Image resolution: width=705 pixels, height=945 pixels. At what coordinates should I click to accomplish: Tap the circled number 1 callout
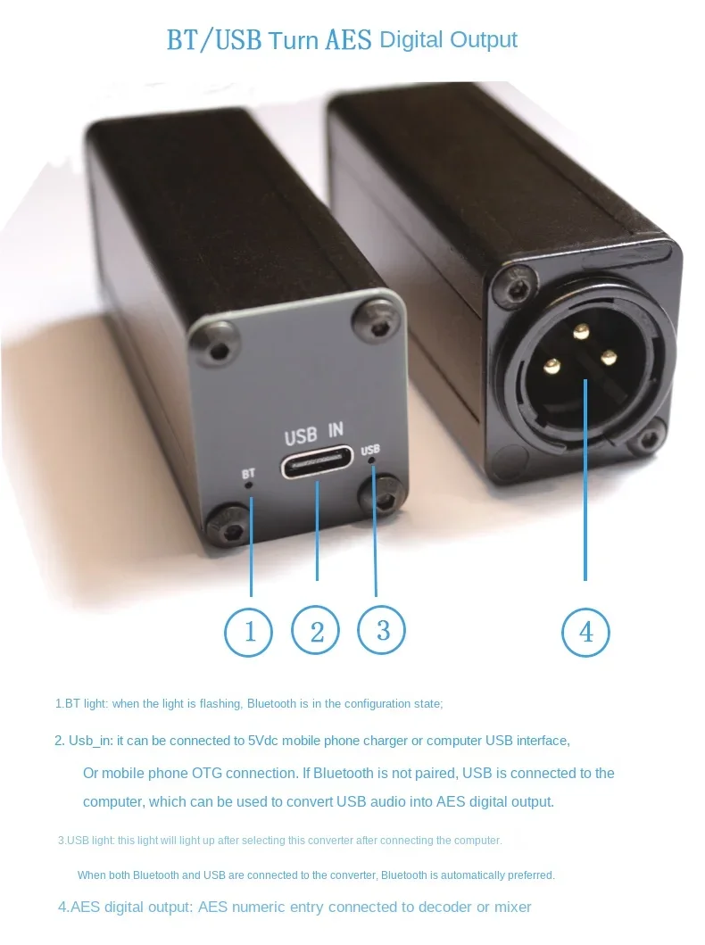tap(249, 631)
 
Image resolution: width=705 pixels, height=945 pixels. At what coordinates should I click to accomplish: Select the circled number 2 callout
tap(316, 631)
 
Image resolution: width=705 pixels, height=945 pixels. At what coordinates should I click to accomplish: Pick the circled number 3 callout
tap(382, 629)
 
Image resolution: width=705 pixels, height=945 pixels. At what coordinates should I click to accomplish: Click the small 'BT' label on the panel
tap(248, 474)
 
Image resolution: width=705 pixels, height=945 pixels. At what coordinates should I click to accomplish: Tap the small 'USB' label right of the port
tap(370, 451)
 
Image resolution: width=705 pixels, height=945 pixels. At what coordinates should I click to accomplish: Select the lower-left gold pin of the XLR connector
tap(553, 364)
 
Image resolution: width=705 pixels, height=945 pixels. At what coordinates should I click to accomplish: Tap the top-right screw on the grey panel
tap(371, 318)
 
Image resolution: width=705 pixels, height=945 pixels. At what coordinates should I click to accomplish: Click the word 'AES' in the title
tap(343, 40)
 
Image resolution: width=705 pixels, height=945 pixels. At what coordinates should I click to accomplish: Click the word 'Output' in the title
tap(483, 40)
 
